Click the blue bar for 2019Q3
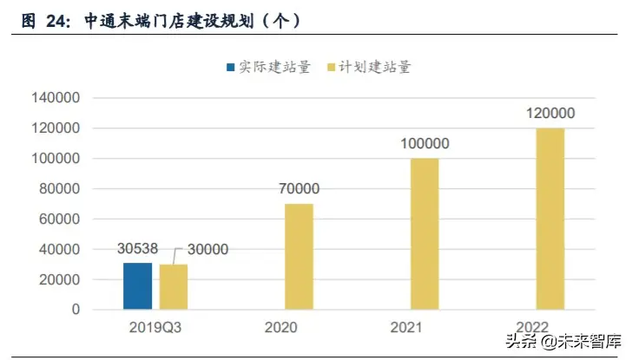click(137, 286)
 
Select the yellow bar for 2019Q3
click(174, 287)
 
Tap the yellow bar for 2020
click(299, 257)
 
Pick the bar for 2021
click(425, 234)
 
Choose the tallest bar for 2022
click(550, 219)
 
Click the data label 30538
click(137, 250)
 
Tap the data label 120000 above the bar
click(550, 114)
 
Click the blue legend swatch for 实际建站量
click(230, 67)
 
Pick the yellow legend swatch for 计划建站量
click(330, 67)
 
